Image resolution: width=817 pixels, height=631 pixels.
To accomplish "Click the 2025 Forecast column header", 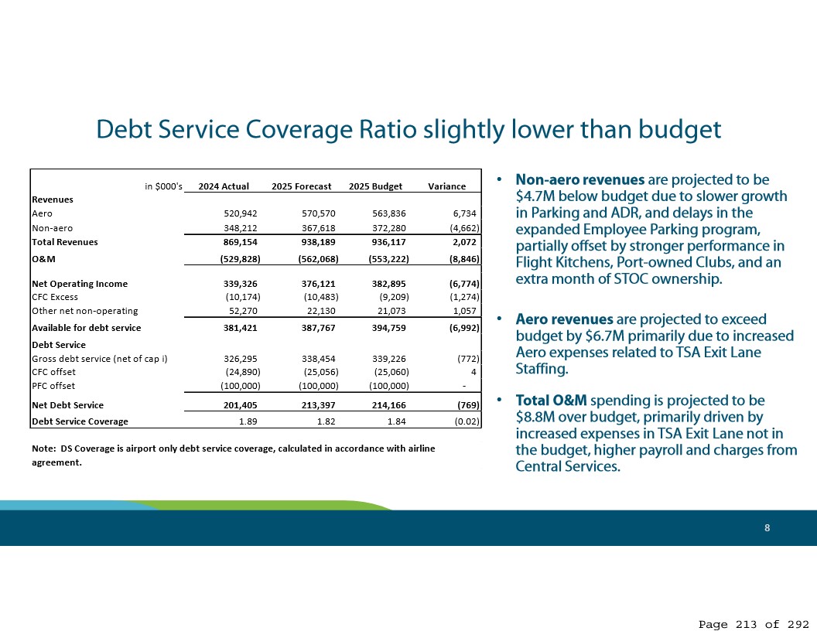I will [301, 186].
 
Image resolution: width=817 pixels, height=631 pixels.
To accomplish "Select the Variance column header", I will [446, 186].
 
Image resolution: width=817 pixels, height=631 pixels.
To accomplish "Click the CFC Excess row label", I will [54, 297].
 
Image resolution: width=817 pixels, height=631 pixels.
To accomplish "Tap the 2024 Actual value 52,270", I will [241, 311].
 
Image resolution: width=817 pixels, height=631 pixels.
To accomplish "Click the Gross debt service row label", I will [99, 359].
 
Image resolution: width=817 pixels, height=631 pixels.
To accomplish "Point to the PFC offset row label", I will [53, 386].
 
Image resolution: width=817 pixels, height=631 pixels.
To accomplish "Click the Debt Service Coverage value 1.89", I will [248, 421].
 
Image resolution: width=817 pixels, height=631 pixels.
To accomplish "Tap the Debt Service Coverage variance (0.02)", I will [466, 421].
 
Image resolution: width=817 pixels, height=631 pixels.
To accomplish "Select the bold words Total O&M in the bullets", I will [552, 401].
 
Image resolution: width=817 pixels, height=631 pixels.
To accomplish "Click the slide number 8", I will [767, 528].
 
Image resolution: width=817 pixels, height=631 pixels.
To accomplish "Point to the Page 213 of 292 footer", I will [754, 624].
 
